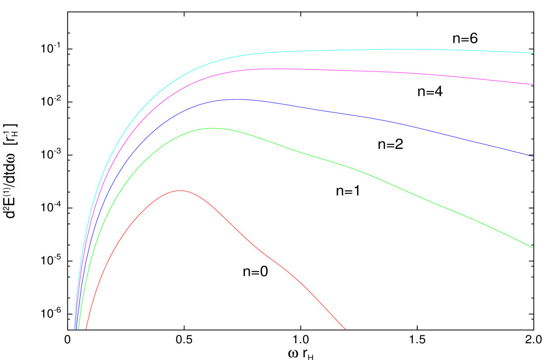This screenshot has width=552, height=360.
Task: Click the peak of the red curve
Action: pyautogui.click(x=180, y=191)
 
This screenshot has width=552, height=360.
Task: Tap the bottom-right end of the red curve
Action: pyautogui.click(x=346, y=329)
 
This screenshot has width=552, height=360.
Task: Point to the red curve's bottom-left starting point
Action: pyautogui.click(x=86, y=329)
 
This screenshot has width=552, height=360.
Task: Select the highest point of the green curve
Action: pyautogui.click(x=213, y=128)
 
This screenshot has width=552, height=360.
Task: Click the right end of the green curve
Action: pyautogui.click(x=533, y=248)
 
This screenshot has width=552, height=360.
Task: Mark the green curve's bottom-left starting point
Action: pyautogui.click(x=78, y=329)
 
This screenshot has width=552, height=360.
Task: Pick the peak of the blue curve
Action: pyautogui.click(x=236, y=100)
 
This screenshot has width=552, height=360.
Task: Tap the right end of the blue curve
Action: pyautogui.click(x=533, y=156)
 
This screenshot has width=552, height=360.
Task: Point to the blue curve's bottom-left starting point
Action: pyautogui.click(x=77, y=329)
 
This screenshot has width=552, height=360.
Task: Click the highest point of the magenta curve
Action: pyautogui.click(x=269, y=69)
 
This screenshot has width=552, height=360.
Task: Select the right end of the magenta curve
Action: pyautogui.click(x=533, y=85)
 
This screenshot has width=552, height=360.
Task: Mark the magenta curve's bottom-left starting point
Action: pyautogui.click(x=75, y=329)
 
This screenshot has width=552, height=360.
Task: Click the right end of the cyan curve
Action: pyautogui.click(x=533, y=53)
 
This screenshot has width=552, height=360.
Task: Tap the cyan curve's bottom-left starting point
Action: pyautogui.click(x=74, y=329)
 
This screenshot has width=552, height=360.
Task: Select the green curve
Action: pyautogui.click(x=352, y=168)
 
